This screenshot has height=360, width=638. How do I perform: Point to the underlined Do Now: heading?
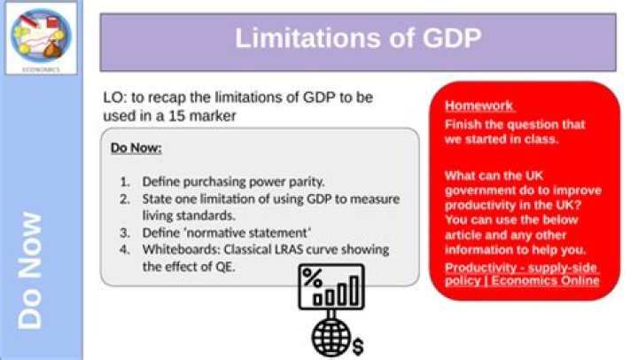coord(136,148)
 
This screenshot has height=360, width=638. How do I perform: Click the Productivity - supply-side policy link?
coord(522,274)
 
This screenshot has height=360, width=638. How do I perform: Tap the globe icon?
coord(329,336)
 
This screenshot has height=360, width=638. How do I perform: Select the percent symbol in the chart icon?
coord(312,277)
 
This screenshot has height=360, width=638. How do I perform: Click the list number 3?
coord(125,232)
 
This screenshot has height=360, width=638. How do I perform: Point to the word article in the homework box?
coord(465,235)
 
